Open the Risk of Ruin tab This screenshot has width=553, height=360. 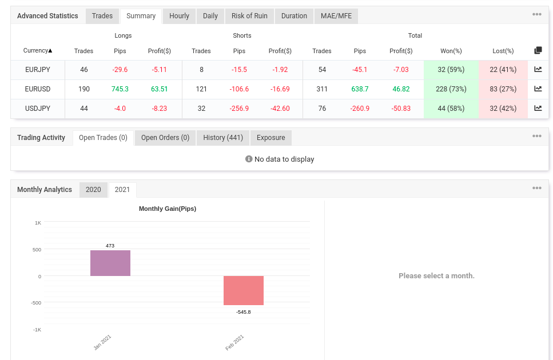pos(249,16)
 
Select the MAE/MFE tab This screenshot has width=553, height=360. pos(336,16)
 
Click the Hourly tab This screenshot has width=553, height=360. pos(179,16)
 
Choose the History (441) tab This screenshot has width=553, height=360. pos(223,138)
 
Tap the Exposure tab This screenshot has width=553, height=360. pos(271,138)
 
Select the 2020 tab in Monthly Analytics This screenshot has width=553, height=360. pos(93,190)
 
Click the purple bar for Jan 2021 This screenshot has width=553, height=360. pos(110,263)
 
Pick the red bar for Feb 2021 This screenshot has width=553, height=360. pos(244,291)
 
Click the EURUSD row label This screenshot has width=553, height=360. pos(38,89)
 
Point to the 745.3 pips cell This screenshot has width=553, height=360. pos(120,89)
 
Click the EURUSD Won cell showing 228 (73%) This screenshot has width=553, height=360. pos(451,89)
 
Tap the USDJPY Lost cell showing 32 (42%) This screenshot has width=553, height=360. pos(503,109)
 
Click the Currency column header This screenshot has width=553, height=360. pos(38,51)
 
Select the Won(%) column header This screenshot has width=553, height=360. pos(451,51)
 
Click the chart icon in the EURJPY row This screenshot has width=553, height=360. pos(538,69)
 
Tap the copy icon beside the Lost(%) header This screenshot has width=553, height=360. pos(538,50)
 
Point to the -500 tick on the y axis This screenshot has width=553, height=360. pos(36,303)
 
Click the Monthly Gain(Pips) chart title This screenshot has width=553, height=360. pos(168,209)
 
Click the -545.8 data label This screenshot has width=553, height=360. pos(244,312)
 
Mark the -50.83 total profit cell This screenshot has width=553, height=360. pos(401,109)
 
